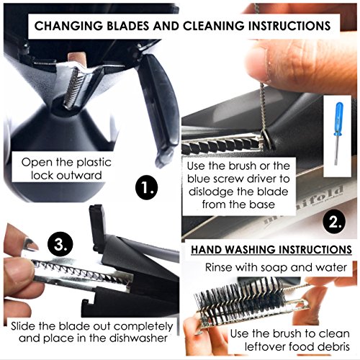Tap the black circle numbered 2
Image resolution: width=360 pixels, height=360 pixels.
click(334, 222)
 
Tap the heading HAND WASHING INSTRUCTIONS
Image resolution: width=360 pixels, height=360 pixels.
click(271, 250)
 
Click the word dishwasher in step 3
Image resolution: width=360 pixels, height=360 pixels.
click(138, 338)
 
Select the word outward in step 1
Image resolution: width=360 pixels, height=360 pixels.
click(79, 175)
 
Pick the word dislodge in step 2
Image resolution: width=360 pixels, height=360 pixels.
click(212, 192)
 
